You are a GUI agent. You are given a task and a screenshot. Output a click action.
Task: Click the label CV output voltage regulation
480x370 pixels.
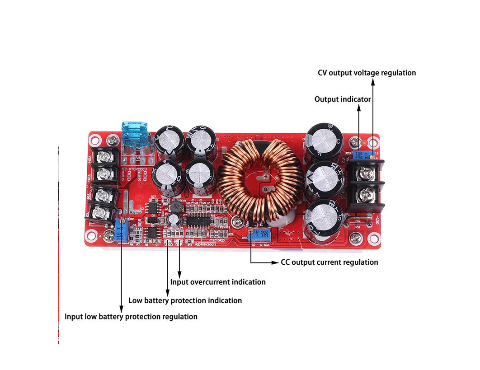point(367,73)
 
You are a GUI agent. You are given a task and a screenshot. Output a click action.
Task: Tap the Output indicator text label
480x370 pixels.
point(343,99)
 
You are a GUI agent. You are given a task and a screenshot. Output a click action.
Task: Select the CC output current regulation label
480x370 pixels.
point(329,262)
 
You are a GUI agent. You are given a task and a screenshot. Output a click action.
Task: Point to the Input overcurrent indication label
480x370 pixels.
point(218,282)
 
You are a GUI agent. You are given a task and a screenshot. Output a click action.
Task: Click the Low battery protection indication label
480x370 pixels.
point(185,300)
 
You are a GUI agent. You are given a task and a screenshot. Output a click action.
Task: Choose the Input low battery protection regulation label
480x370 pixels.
point(131,317)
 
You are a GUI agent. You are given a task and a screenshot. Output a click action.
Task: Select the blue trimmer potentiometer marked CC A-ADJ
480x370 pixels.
point(260,235)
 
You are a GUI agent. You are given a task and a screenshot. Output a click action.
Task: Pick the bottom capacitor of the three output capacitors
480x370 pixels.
point(325,219)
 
